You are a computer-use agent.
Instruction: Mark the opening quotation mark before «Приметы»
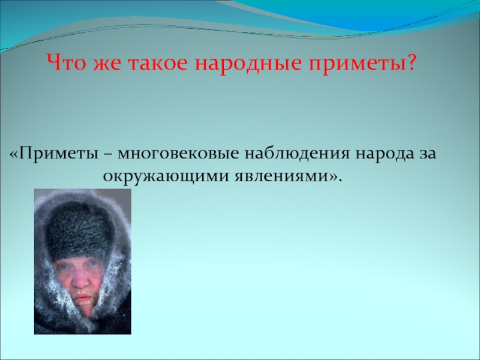click(14, 154)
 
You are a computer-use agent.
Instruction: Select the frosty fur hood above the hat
click(81, 198)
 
